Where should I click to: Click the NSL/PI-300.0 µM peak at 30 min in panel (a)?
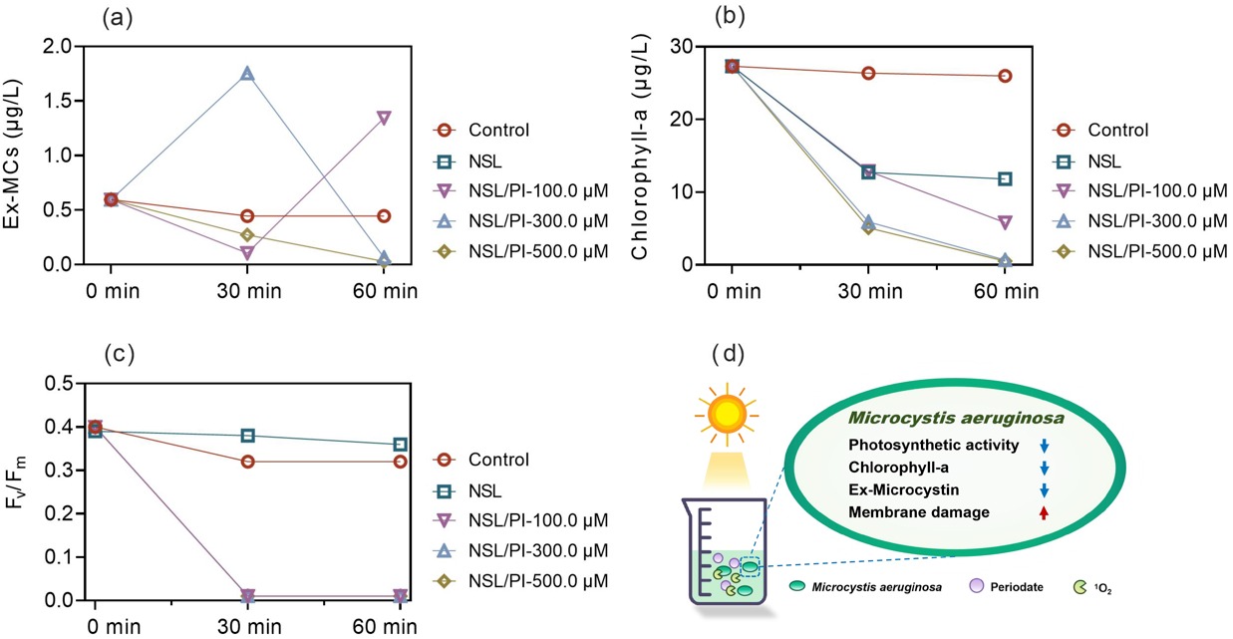click(247, 74)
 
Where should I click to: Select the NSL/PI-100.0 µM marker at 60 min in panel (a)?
click(384, 118)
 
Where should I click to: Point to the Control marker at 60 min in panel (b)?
click(1005, 76)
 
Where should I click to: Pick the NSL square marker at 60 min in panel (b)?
click(1005, 179)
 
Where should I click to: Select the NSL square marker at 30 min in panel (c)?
click(247, 436)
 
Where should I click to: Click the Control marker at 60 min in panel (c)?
click(400, 462)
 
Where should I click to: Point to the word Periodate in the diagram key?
click(1017, 587)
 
